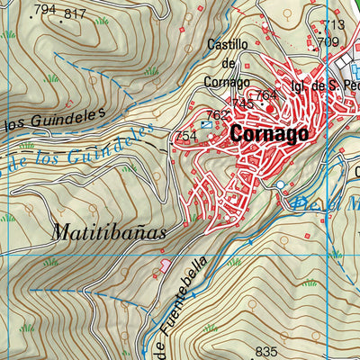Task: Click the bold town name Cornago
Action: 269,132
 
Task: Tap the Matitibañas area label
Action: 108,231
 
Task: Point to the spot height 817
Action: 76,14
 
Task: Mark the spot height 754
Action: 185,136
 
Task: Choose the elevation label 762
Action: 217,115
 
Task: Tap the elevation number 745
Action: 242,103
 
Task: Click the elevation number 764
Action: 265,95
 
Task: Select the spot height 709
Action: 328,41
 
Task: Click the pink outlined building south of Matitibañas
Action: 165,265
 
